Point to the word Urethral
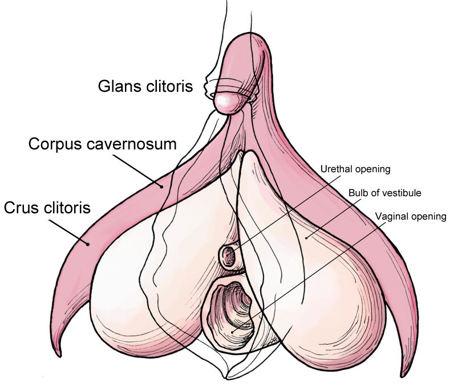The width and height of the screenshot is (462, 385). pyautogui.click(x=336, y=169)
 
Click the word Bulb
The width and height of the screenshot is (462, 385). pyautogui.click(x=358, y=193)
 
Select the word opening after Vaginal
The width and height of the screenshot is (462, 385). pyautogui.click(x=429, y=217)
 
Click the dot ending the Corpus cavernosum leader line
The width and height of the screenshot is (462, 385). pyautogui.click(x=161, y=186)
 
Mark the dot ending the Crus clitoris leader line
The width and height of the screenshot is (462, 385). pyautogui.click(x=87, y=244)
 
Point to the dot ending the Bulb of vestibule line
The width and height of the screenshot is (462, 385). pyautogui.click(x=306, y=238)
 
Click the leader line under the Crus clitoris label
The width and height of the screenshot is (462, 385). pyautogui.click(x=68, y=232)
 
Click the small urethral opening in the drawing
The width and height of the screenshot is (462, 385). pyautogui.click(x=228, y=256)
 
